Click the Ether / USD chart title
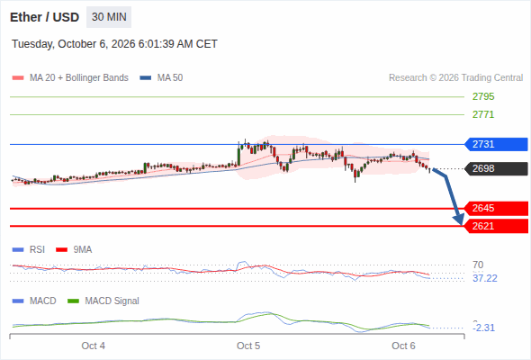tap(44, 17)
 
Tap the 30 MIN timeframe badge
tap(109, 17)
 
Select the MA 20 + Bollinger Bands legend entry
tap(70, 78)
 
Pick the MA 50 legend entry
tap(161, 78)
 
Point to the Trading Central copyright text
tap(455, 78)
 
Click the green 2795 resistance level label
tap(483, 96)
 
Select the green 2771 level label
tap(483, 114)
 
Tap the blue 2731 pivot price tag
tap(496, 144)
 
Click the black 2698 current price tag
tap(496, 168)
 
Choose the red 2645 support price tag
tap(496, 208)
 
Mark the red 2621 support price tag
tap(496, 226)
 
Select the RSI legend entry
tap(29, 249)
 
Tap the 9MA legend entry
tap(74, 249)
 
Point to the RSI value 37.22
tap(485, 278)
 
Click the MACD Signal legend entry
tap(103, 301)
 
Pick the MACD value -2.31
tap(483, 328)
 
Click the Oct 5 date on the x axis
tap(248, 346)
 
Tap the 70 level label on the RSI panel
tap(478, 265)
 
